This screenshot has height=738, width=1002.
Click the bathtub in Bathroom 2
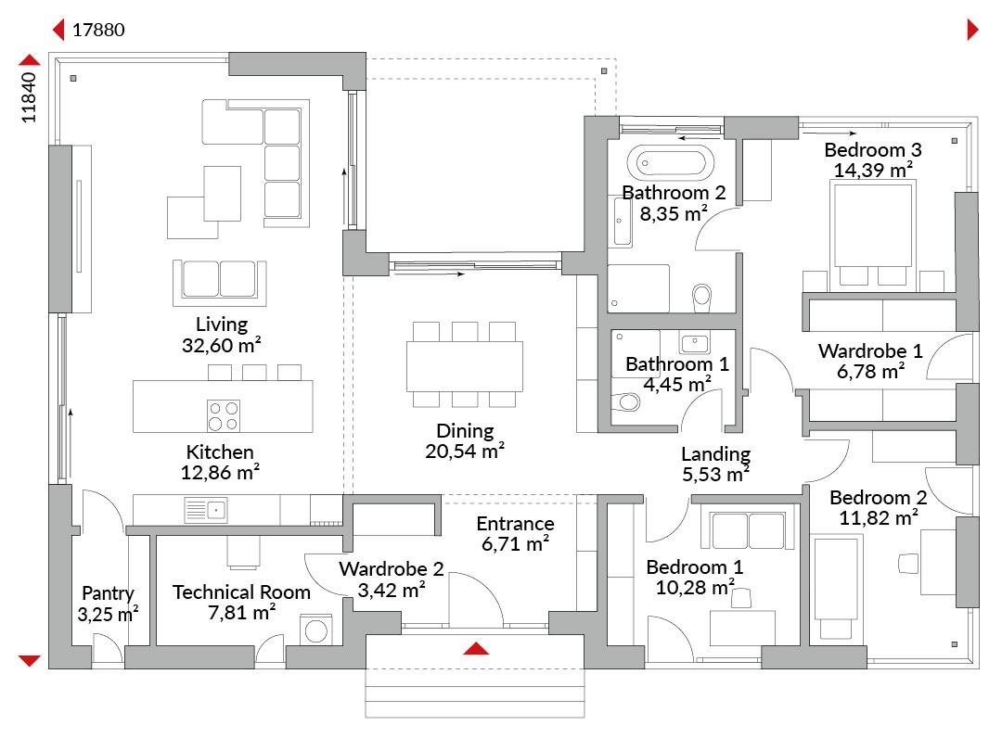671,163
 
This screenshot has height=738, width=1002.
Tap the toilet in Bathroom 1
626,401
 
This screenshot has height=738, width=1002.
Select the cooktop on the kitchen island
223,415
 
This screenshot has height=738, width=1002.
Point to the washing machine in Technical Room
316,630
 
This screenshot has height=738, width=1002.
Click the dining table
465,366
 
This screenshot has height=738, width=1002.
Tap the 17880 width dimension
98,30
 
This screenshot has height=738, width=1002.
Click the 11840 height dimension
29,97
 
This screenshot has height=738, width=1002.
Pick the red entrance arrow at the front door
476,649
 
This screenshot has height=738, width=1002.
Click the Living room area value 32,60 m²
221,346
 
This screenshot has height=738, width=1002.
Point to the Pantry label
108,593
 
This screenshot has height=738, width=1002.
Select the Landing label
715,454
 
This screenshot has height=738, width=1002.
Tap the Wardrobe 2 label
392,568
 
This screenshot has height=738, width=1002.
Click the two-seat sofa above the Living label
220,282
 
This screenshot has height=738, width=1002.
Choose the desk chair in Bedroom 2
908,564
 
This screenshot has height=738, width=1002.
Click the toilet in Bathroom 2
701,297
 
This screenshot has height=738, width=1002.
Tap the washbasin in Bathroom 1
695,343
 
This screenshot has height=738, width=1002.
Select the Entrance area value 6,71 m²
515,544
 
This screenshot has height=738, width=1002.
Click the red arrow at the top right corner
973,30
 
